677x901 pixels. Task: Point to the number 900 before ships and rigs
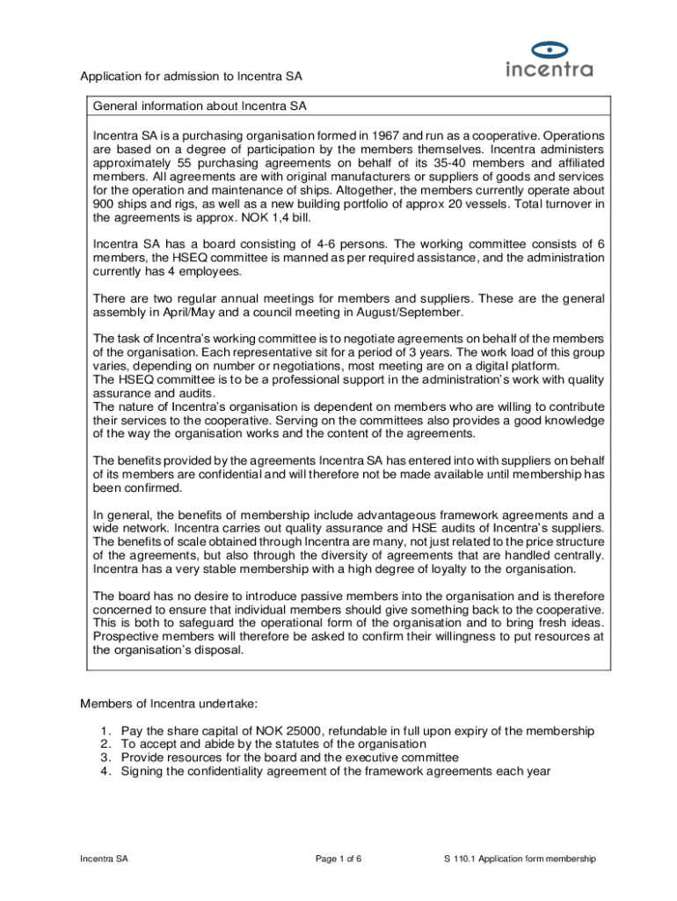[x=105, y=204]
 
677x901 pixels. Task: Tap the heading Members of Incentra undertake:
[x=169, y=703]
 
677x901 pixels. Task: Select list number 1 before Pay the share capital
[x=105, y=731]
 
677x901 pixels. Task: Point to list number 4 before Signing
[x=105, y=772]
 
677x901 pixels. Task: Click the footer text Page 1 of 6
[x=338, y=860]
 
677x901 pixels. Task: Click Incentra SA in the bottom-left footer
[x=105, y=860]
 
